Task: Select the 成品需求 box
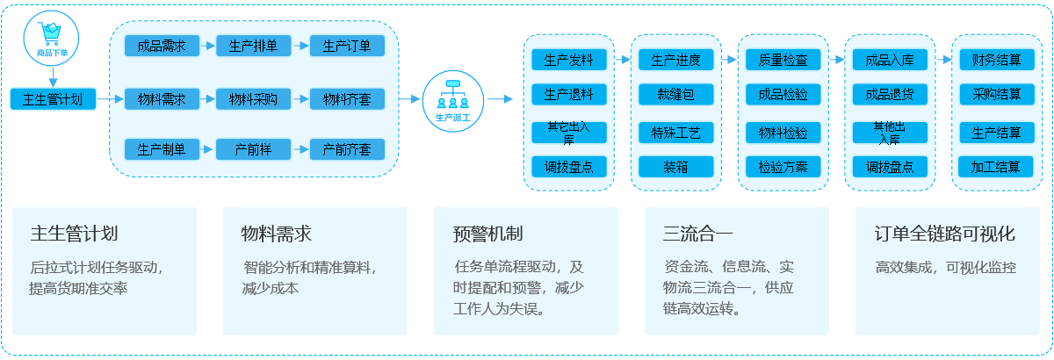162,46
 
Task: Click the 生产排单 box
253,46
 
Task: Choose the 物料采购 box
253,98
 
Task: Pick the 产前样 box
253,149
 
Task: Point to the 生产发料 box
569,60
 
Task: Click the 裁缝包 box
675,94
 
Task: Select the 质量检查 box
783,60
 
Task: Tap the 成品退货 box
890,94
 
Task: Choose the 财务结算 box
996,60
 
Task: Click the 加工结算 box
996,166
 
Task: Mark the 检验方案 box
783,166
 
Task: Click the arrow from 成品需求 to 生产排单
207,46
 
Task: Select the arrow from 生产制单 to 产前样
207,149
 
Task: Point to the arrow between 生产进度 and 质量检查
730,60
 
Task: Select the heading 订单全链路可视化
945,234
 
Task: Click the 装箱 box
675,166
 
